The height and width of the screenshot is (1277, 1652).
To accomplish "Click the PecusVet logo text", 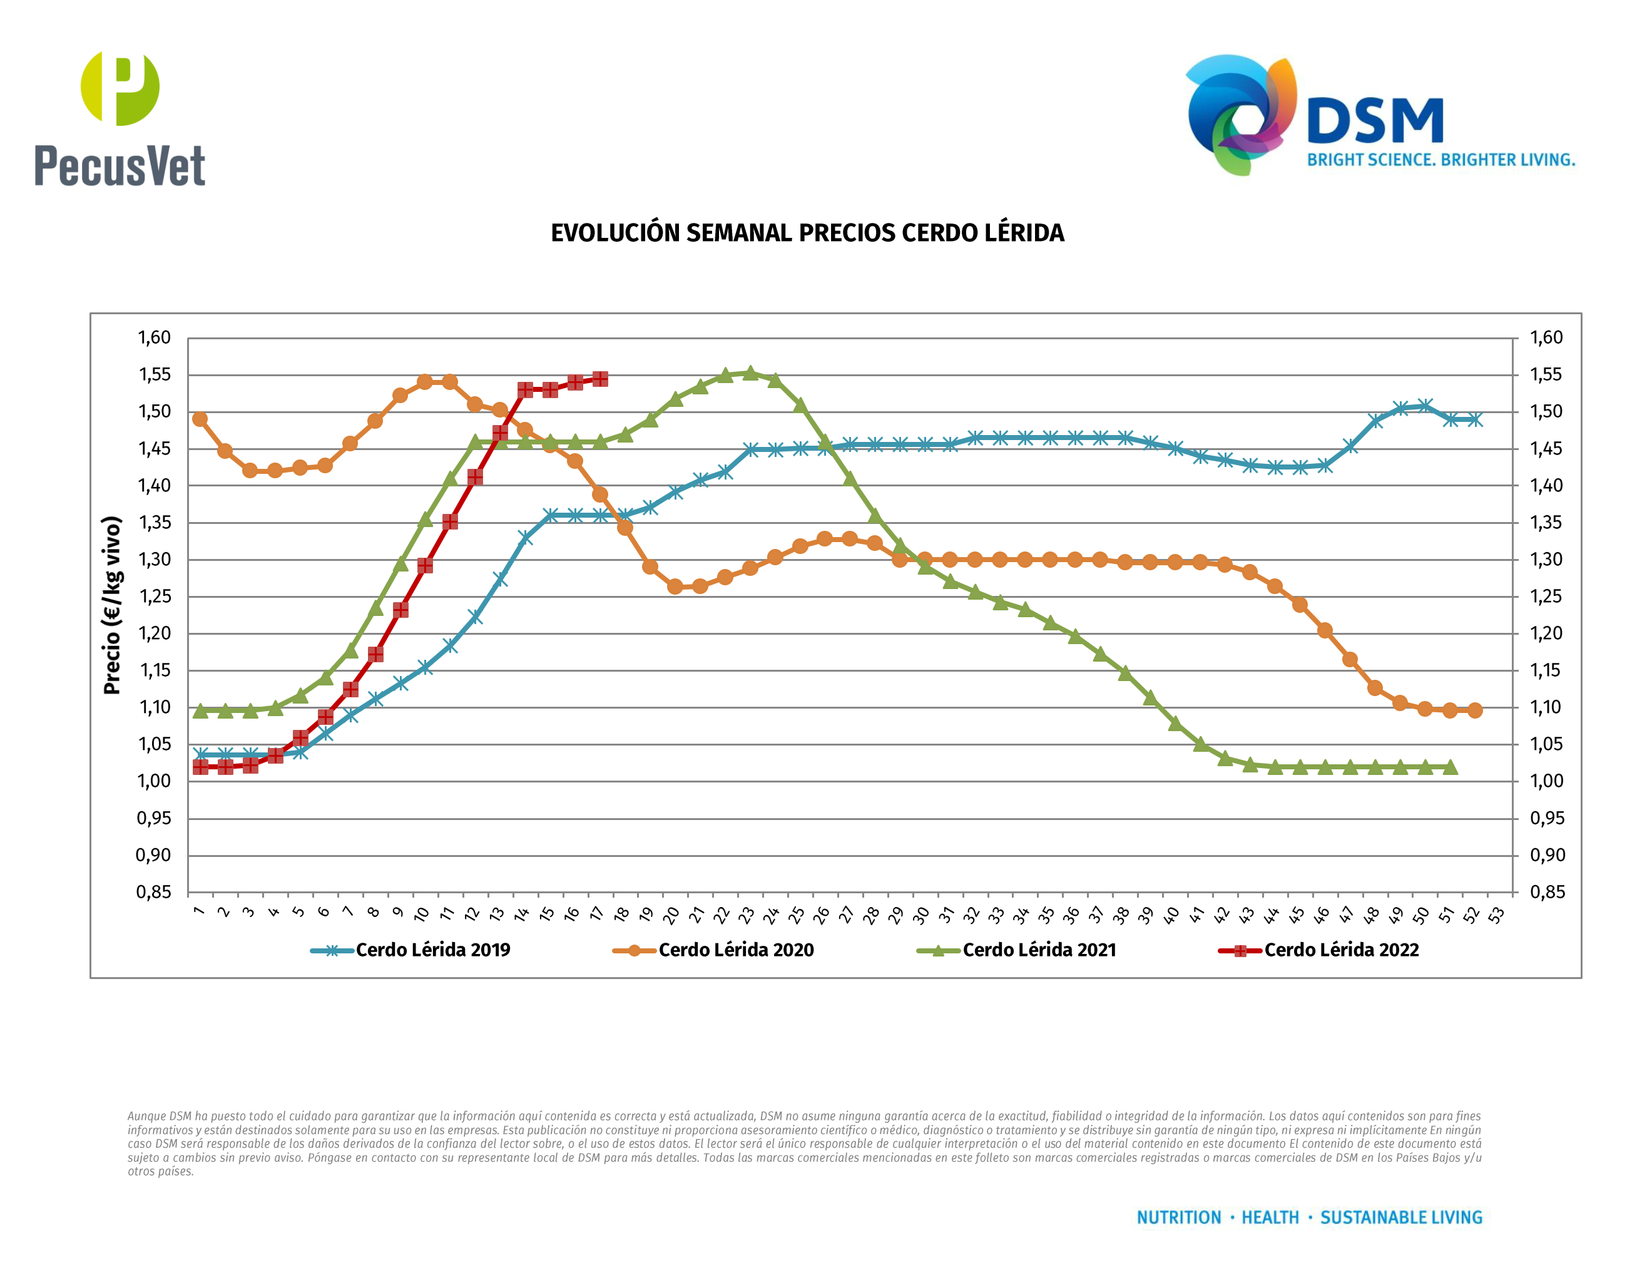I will point(120,166).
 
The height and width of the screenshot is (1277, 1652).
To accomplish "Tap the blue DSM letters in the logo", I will point(1375,121).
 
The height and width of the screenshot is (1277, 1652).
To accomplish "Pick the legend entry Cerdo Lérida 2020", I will point(735,950).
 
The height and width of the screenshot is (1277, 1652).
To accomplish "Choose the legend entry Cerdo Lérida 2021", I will point(1039,950).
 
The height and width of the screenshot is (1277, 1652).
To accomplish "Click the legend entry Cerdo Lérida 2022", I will point(1341,950).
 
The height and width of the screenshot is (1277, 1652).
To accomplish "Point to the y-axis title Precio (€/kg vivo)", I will point(112,605).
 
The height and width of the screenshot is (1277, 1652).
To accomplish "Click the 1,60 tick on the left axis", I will point(153,337).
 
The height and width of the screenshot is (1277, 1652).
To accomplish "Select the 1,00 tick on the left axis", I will point(153,781).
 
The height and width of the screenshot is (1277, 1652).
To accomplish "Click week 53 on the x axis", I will point(1496,915).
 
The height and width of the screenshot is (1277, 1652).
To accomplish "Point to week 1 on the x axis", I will point(199,911).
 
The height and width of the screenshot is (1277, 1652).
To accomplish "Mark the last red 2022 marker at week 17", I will point(600,379).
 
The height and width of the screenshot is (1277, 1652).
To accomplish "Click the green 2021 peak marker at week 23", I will point(750,373).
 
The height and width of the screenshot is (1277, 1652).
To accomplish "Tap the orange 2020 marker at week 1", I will point(200,419).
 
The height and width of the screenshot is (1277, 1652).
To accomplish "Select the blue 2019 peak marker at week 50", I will point(1425,406).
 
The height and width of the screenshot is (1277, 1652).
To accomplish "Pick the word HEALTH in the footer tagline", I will point(1270,1218).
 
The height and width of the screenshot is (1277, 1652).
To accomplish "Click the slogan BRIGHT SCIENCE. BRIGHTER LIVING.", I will point(1441,160).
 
